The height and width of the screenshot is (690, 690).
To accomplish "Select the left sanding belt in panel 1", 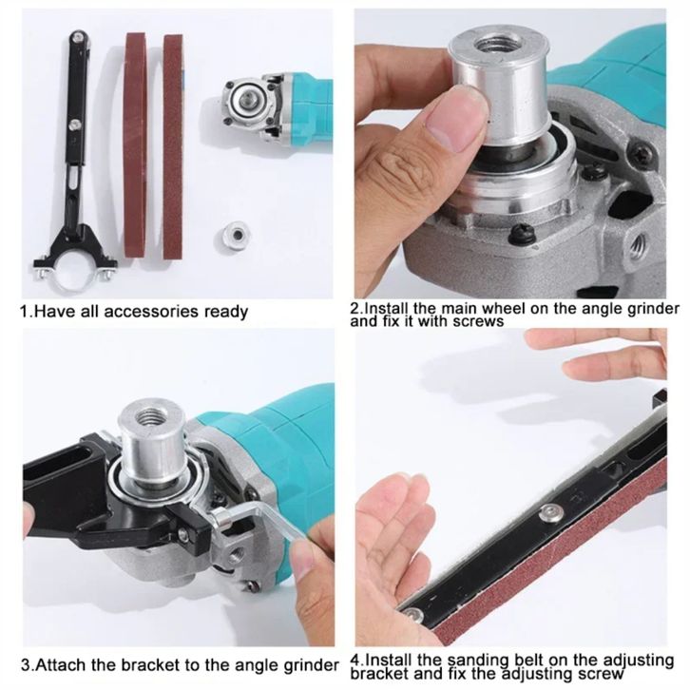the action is tap(135, 144).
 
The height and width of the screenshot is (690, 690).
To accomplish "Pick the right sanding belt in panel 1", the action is tap(173, 146).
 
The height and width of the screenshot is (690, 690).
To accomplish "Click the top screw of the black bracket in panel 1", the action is tap(78, 37).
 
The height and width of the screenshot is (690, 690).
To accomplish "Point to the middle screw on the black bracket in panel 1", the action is tap(75, 125).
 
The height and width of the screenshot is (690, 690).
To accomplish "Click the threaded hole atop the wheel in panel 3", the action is tap(148, 416).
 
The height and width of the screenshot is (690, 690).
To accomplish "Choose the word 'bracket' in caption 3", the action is tap(150, 664).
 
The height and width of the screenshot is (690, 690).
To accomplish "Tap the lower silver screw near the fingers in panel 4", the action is tap(412, 613).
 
